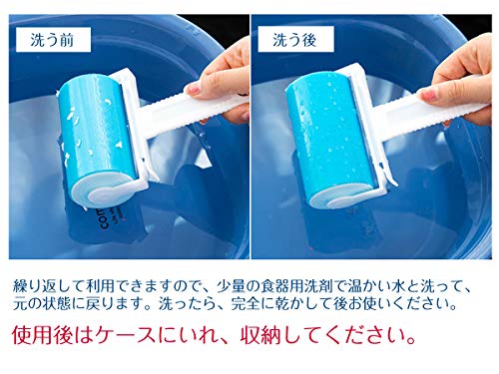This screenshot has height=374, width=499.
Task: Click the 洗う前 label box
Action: click(53, 40)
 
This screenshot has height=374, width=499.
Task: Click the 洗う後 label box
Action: click(295, 40)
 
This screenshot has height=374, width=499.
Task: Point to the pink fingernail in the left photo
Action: click(193, 89)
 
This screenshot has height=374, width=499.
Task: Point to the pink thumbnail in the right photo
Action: click(429, 95)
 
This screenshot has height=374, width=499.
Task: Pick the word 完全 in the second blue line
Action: click(246, 304)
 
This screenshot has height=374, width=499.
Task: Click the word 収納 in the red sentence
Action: click(261, 336)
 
